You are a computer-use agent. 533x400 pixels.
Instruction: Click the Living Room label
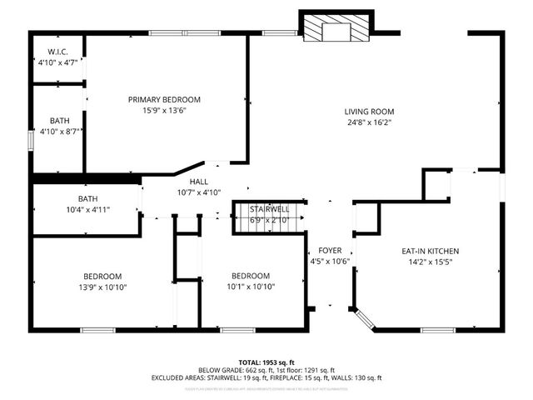[x=370, y=112]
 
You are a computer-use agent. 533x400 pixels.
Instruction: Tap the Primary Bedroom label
[x=164, y=99]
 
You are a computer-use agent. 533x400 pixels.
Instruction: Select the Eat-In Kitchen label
[x=431, y=251]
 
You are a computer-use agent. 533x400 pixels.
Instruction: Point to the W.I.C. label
[x=58, y=52]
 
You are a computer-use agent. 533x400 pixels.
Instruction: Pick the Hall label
[x=198, y=182]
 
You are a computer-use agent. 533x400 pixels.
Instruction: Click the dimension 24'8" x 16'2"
[x=369, y=122]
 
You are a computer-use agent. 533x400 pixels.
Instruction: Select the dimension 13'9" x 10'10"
[x=102, y=287]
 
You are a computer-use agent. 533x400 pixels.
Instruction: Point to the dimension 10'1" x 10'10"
[x=251, y=287]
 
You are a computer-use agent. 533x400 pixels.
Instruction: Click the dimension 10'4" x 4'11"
[x=88, y=210]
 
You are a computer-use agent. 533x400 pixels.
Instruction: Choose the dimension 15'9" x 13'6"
[x=164, y=110]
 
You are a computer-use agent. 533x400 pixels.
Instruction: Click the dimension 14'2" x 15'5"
[x=431, y=262]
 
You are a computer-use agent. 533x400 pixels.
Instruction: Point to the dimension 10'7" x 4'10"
[x=198, y=192]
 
